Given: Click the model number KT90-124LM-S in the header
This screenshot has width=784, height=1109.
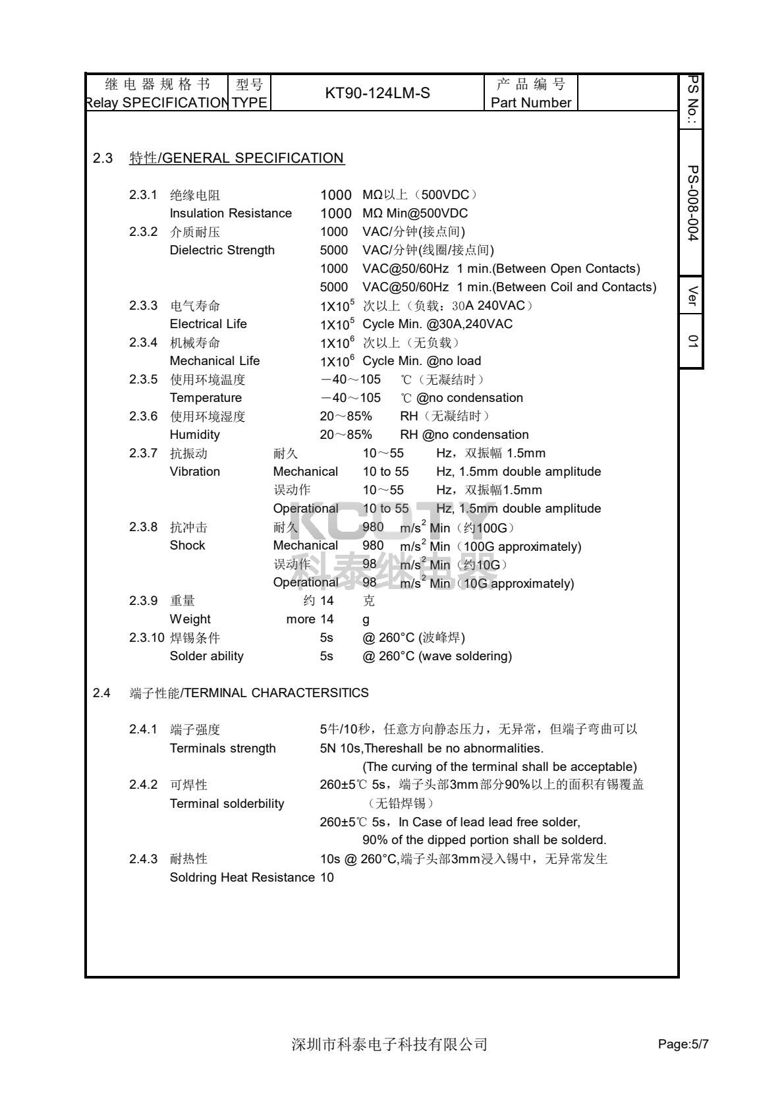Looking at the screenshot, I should point(378,93).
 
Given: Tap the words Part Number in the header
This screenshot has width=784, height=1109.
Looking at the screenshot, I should point(531,103).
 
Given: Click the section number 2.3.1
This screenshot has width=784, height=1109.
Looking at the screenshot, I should point(143,195).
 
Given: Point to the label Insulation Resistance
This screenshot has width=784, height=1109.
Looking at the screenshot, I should point(231,213).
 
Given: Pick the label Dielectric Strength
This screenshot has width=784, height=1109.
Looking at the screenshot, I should point(222,250).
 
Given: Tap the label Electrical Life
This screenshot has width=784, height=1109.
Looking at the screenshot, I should point(208,324).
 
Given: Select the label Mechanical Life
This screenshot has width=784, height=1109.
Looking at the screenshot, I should point(215,361).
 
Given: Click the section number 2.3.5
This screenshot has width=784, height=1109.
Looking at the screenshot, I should point(143,380).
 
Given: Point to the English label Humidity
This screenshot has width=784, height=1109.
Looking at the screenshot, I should point(195,435).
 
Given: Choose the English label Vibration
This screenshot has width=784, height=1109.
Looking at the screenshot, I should point(195,472).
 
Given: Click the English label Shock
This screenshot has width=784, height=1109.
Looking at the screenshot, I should point(187,546).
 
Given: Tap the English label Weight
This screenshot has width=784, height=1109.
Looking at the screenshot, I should point(190,619).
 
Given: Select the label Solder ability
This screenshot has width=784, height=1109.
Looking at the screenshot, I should point(207,656).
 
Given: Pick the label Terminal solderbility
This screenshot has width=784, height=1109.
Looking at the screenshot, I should point(227,804).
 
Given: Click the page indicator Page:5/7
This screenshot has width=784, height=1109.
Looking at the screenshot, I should point(683,1044).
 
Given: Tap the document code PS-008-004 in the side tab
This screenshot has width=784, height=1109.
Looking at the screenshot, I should point(692,203).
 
